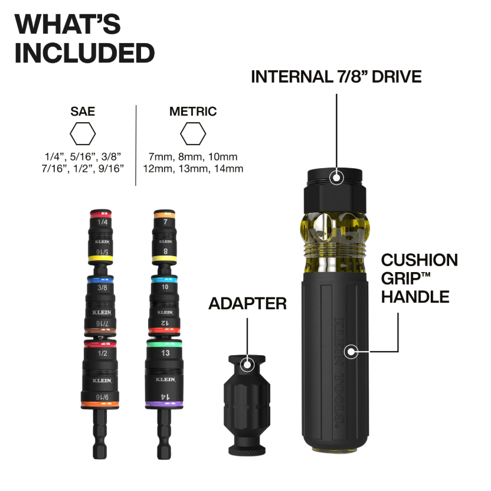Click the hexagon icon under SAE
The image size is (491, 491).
tap(83, 134)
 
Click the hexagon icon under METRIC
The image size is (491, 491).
tap(193, 134)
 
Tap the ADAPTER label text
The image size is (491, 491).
tap(247, 303)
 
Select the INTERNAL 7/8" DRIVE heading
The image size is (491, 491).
tap(336, 77)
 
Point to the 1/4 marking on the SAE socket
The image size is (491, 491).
tap(103, 222)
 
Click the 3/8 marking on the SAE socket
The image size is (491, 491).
tap(102, 287)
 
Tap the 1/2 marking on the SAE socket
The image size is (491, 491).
tap(102, 353)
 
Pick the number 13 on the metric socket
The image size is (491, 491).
tap(165, 353)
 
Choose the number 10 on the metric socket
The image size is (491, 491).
tap(165, 287)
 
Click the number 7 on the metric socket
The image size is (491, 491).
tap(165, 222)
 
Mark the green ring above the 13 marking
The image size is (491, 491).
tap(164, 345)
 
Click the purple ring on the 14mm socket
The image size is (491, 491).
tap(164, 404)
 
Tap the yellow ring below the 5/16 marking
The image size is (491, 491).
tap(100, 259)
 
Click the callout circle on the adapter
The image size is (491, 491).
tap(247, 365)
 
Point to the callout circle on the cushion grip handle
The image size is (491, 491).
tap(351, 352)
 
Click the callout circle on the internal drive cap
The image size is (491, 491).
tap(336, 178)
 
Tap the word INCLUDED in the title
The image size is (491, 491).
tap(84, 53)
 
